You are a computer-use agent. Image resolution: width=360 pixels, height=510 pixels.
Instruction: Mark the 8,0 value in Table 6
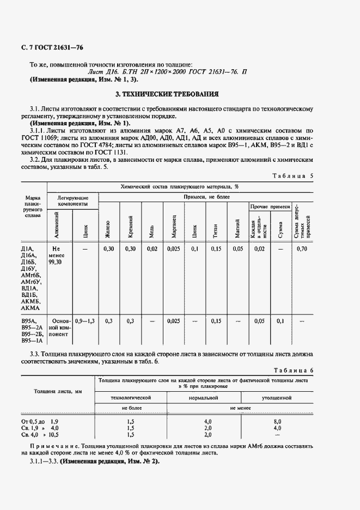click(277, 421)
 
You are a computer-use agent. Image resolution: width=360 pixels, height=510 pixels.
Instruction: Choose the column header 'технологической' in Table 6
click(131, 398)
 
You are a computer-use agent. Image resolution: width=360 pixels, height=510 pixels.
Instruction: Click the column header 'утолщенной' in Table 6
click(277, 398)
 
